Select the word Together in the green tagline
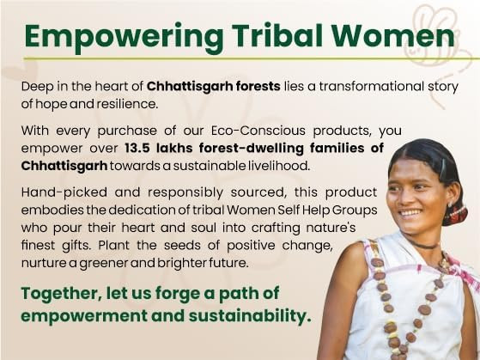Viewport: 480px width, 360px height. tap(65, 293)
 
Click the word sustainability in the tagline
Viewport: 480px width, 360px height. tap(231, 315)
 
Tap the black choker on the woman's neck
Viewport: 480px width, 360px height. tap(423, 243)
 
